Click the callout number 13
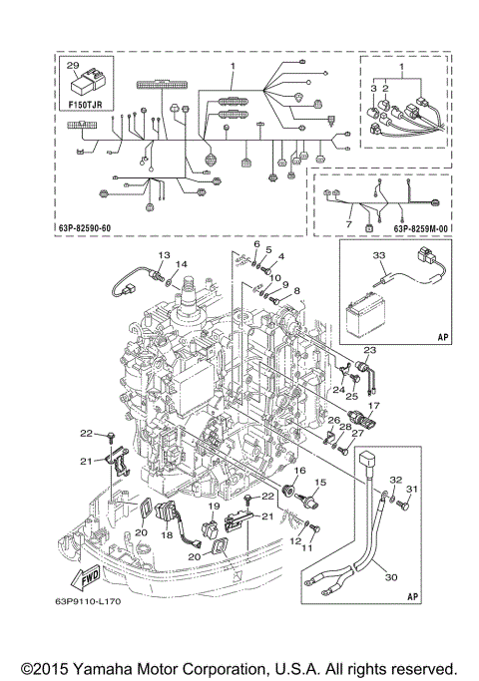pos(165,255)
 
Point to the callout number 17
pos(376,406)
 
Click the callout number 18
pos(167,535)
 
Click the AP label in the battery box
pos(442,338)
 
